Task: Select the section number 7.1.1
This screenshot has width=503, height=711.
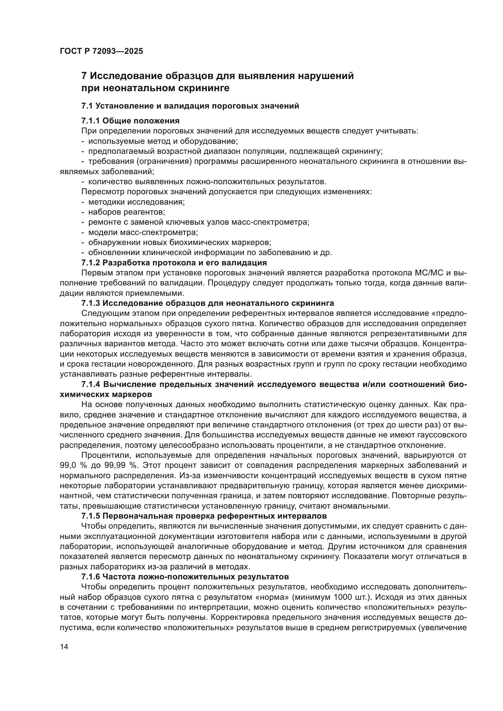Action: coord(90,120)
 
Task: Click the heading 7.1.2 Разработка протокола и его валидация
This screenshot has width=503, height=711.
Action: coord(174,263)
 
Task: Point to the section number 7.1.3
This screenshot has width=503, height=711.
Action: coord(90,303)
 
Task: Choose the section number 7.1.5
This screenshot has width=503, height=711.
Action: coord(90,516)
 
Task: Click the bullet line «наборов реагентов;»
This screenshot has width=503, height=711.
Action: coord(127,212)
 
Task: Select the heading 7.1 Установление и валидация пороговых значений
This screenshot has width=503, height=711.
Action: coord(190,106)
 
